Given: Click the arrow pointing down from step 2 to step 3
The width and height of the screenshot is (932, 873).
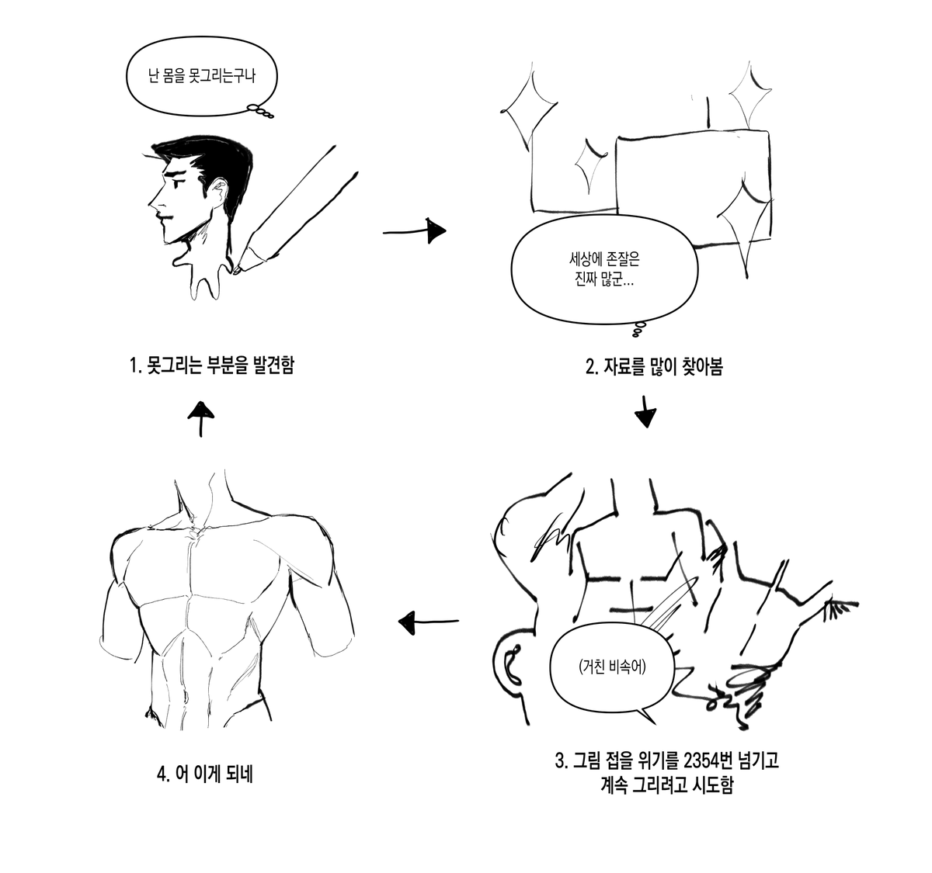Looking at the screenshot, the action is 645,411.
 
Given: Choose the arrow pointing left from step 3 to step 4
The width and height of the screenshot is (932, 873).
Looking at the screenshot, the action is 428,622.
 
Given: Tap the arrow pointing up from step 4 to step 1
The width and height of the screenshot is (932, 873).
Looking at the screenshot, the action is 201,419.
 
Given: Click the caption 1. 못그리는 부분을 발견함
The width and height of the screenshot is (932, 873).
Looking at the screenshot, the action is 212,365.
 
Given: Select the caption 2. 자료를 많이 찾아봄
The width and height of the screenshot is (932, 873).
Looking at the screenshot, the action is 655,366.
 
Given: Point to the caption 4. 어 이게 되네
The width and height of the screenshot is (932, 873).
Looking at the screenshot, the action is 205,774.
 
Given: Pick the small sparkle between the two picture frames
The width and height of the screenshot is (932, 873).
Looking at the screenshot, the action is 590,165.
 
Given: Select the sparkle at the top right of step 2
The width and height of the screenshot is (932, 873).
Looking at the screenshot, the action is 749,95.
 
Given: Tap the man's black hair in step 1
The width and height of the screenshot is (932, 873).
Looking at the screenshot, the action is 216,162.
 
